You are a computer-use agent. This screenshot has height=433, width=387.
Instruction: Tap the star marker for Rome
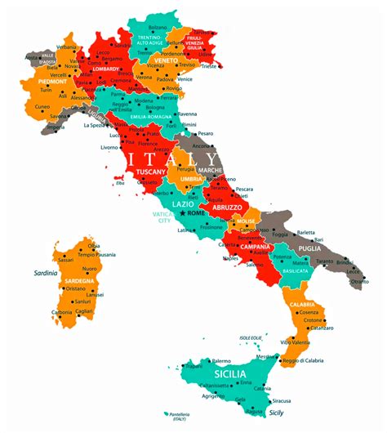click(182, 213)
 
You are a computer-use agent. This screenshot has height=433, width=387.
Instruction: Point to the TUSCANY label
click(151, 172)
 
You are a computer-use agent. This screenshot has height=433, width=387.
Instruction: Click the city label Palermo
click(221, 360)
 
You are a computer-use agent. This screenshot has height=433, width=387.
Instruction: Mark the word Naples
click(231, 258)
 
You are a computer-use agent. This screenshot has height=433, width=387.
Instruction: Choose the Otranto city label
click(359, 281)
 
